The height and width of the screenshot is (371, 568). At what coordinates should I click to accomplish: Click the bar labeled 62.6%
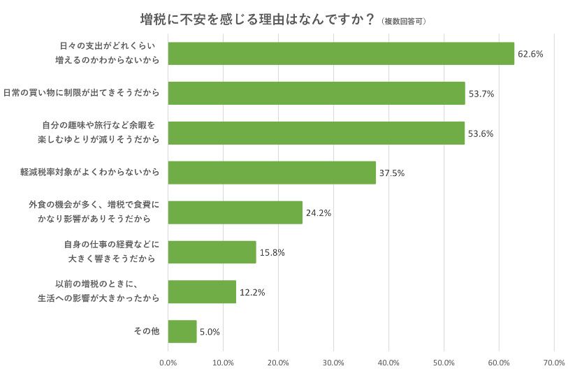coord(341,53)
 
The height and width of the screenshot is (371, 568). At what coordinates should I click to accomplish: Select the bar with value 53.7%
coord(316,93)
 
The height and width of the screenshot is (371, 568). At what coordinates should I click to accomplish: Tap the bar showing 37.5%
coord(272,173)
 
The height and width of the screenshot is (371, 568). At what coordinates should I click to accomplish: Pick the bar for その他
coord(182,331)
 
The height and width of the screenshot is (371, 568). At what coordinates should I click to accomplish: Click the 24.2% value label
coord(319,212)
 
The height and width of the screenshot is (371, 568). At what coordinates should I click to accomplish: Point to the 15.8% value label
coord(272,252)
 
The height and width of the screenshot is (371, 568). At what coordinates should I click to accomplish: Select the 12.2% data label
coord(252,292)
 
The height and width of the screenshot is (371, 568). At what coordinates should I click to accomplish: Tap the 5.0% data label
coord(210,332)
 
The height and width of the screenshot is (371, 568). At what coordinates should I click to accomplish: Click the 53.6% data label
coord(481,133)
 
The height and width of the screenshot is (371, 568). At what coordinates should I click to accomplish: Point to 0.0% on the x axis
coord(168,362)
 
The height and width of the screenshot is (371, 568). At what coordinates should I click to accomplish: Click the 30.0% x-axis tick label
coord(333,362)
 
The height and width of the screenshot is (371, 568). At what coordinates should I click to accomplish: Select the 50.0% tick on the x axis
coord(444,362)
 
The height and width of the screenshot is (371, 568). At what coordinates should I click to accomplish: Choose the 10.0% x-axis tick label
coord(223,362)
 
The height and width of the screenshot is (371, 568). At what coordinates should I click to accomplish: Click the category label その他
coord(147,331)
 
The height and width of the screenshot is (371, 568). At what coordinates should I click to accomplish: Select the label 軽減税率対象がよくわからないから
coord(90,173)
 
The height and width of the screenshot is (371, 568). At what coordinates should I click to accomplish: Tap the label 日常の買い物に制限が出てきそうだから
coord(81,93)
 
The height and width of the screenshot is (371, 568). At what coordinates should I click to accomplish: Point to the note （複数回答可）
coord(405,21)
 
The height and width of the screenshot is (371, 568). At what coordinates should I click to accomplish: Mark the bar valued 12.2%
coord(202,292)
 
